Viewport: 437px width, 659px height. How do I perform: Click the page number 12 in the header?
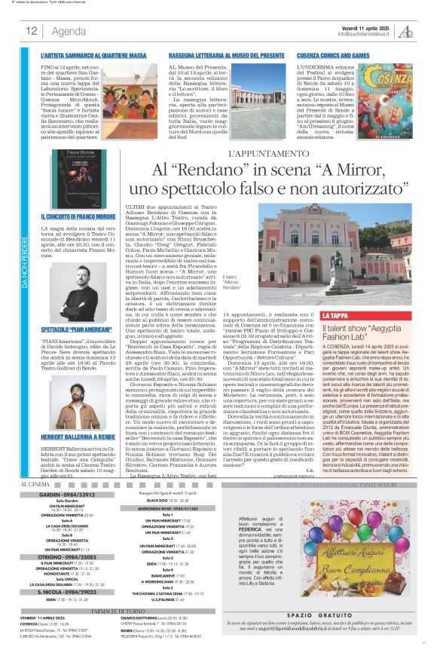(32, 31)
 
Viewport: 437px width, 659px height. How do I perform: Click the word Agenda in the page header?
(69, 31)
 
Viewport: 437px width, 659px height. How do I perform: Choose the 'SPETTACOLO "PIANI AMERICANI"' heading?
(77, 330)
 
